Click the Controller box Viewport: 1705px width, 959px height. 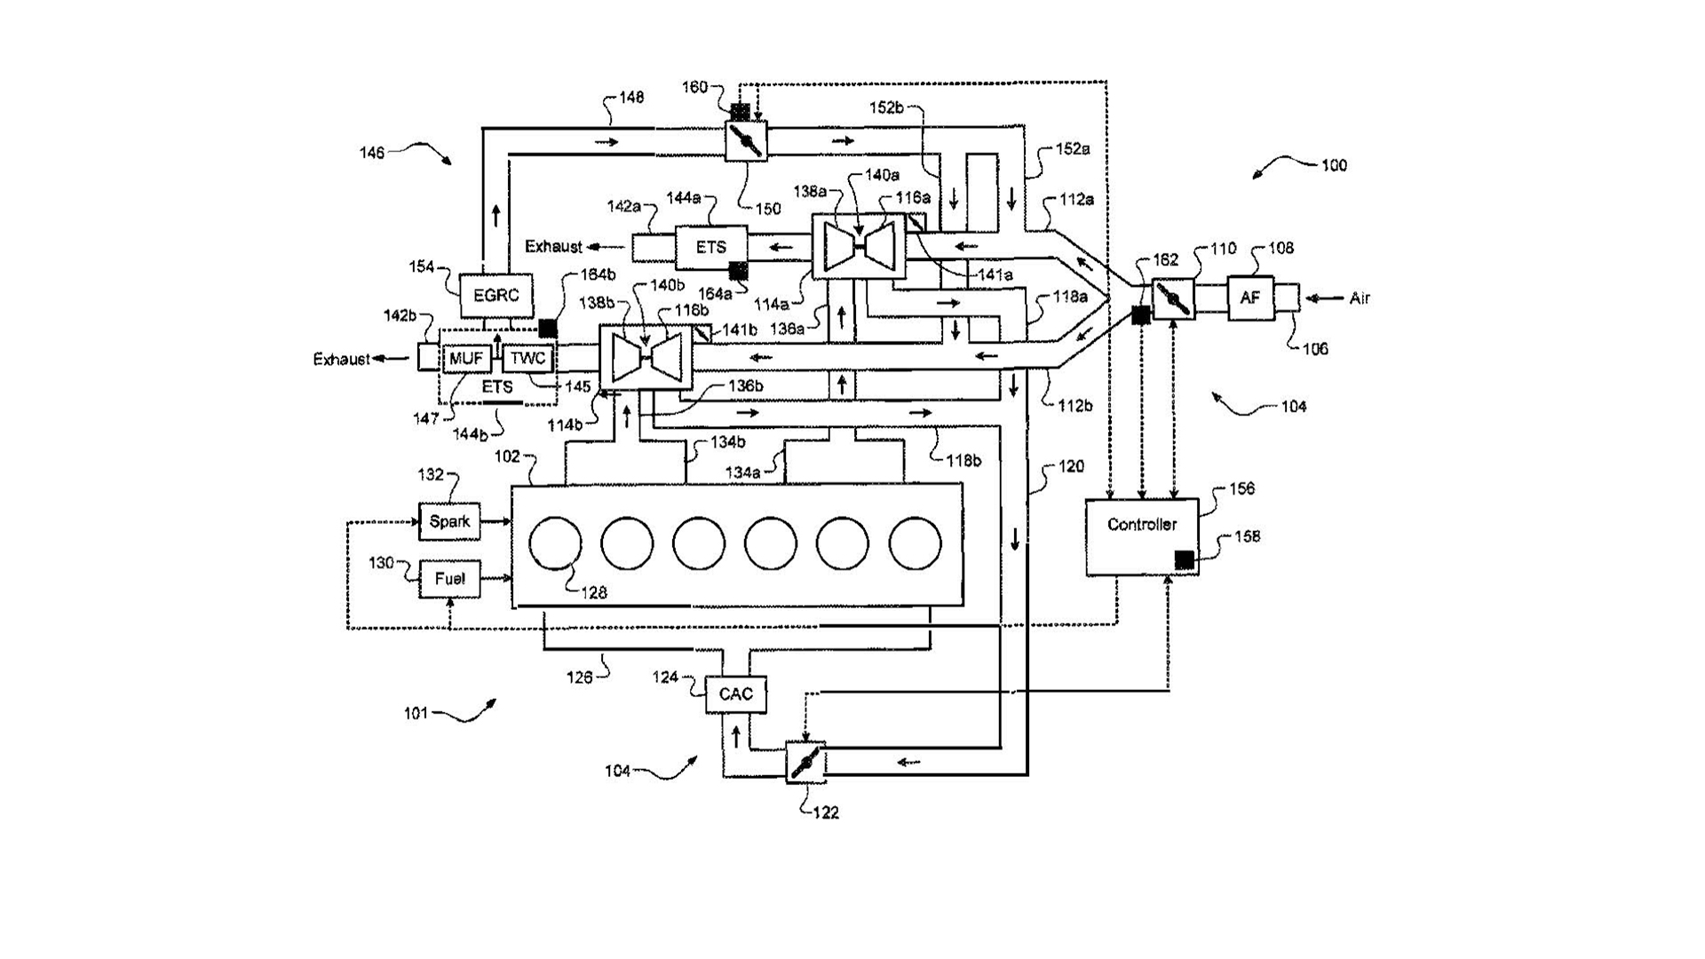point(1142,537)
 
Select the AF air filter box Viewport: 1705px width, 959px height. point(1249,298)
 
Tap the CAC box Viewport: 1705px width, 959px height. point(735,694)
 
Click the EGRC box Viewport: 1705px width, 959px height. point(496,296)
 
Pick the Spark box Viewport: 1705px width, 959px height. point(449,521)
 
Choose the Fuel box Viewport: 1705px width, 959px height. point(449,579)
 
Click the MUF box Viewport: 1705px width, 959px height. point(466,359)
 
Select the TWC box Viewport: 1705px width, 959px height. point(528,359)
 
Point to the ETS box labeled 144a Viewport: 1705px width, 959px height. point(710,248)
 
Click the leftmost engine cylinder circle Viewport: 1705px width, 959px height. point(555,543)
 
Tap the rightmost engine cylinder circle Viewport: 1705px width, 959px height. point(915,543)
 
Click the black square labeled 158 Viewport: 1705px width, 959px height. point(1184,559)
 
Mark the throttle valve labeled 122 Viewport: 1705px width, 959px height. point(806,762)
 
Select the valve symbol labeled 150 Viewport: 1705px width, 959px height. point(746,139)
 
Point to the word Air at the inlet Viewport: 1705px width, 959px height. point(1360,298)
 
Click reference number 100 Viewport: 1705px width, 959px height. point(1334,165)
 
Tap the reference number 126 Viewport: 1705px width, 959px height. point(579,678)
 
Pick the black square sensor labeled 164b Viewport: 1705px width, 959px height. point(548,328)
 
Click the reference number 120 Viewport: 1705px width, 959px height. point(1072,466)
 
